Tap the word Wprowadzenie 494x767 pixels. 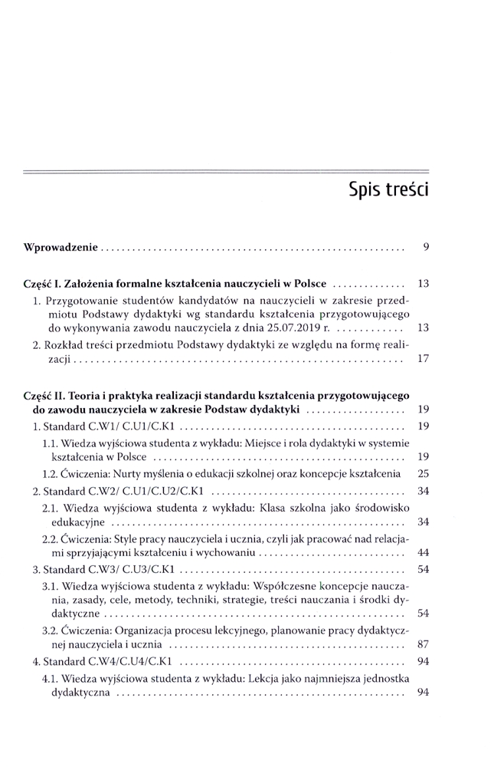tap(61, 248)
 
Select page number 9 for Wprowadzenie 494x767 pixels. tap(425, 248)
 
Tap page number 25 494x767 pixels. tap(423, 472)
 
